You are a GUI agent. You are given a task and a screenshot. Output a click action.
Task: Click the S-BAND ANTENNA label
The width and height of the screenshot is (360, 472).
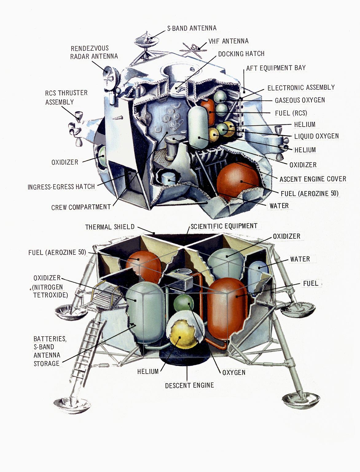192,28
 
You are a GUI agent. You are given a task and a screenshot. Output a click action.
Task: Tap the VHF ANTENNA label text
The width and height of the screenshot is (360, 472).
228,41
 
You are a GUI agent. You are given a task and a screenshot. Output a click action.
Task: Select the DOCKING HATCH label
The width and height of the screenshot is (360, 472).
241,54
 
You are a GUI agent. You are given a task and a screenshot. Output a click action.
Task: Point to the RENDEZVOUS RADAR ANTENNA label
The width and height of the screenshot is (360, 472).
94,52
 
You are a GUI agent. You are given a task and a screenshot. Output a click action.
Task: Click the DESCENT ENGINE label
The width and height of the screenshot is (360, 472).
189,385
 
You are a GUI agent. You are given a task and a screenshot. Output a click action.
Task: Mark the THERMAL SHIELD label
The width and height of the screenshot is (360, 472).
110,227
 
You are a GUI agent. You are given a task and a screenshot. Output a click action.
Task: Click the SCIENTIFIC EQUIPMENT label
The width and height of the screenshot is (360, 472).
224,226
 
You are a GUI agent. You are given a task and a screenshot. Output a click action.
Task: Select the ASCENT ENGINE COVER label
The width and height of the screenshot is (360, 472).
313,179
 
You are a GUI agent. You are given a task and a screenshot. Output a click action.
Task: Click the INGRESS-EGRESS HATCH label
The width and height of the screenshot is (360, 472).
61,187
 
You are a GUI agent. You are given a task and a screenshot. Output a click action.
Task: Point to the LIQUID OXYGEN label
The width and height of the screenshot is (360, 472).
316,136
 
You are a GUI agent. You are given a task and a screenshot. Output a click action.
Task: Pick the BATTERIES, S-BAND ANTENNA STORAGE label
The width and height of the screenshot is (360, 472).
50,351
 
